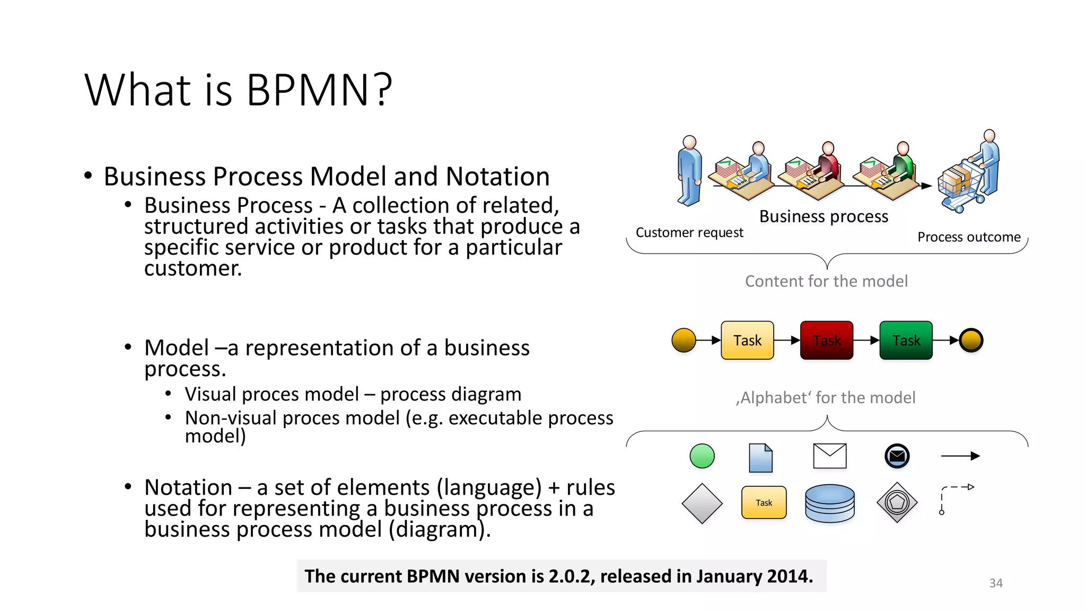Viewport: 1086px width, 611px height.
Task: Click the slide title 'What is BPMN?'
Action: (238, 90)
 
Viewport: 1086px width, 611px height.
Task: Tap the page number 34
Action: (995, 583)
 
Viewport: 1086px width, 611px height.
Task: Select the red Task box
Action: (826, 341)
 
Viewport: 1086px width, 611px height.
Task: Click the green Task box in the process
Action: (906, 341)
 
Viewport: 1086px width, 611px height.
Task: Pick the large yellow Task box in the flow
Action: (747, 341)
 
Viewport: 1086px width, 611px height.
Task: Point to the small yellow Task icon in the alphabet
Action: (764, 502)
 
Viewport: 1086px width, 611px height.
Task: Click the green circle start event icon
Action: (702, 456)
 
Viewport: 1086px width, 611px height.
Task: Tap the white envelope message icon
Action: (829, 456)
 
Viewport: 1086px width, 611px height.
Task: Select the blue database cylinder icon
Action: (829, 503)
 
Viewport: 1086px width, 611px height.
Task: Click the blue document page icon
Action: (760, 458)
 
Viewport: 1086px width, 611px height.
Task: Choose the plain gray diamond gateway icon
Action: (702, 503)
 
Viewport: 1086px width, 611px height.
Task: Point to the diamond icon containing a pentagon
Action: (897, 502)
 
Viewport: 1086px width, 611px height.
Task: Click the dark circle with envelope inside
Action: (897, 456)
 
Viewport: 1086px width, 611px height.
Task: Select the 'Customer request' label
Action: (689, 233)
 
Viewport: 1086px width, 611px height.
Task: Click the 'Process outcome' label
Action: (969, 237)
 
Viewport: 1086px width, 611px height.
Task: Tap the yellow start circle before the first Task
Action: (684, 341)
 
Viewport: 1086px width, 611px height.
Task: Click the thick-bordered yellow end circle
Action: (971, 341)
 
